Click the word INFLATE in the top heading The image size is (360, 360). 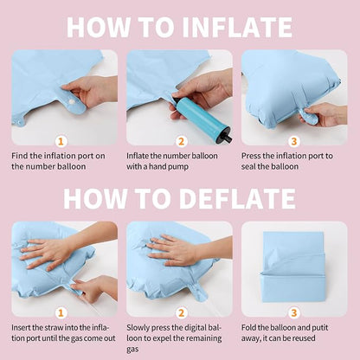[x=237, y=27]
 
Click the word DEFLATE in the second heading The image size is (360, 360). [x=237, y=198]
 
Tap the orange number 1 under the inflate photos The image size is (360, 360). [x=61, y=142]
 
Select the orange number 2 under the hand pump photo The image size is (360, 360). [x=181, y=142]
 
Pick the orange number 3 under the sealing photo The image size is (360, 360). [x=293, y=142]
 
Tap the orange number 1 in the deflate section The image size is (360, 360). [x=61, y=313]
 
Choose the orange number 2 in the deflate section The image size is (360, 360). [x=181, y=313]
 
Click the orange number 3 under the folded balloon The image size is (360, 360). [x=293, y=313]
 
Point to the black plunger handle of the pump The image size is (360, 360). [x=227, y=138]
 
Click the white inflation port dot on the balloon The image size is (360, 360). [x=71, y=102]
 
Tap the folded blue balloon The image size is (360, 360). [x=292, y=267]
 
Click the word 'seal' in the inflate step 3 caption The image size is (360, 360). [x=248, y=166]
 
